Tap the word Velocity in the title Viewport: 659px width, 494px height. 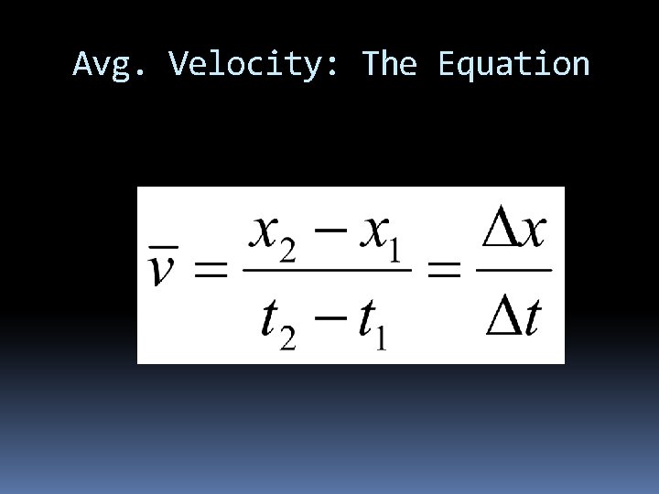tap(242, 65)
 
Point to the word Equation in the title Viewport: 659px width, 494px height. tap(513, 65)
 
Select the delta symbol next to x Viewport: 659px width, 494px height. tap(499, 231)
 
